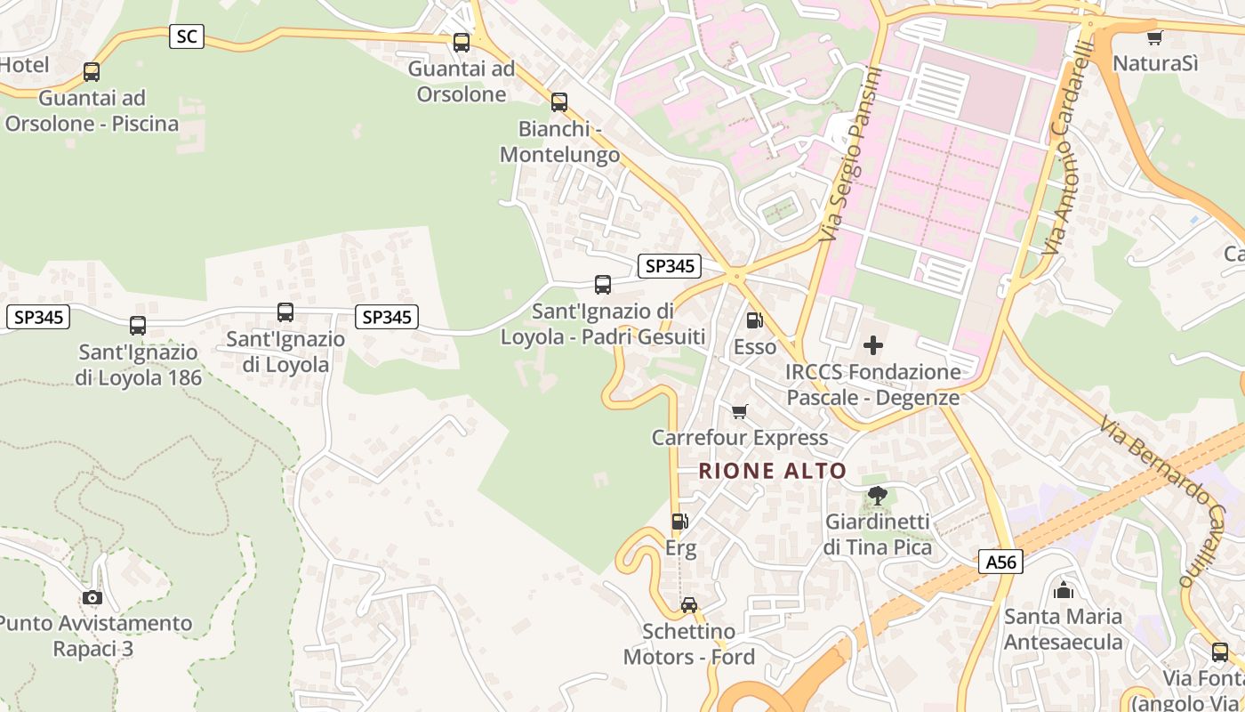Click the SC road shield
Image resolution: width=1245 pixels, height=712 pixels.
pos(187,36)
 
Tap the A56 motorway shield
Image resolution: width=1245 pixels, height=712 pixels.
pos(1001,562)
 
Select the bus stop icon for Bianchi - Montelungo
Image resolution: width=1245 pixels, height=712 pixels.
pos(558,102)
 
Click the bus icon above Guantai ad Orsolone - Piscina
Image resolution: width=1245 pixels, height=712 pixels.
pos(92,72)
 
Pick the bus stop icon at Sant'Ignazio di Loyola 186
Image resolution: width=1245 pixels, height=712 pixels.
pos(137,326)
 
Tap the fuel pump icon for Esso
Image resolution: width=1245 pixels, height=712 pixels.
pos(754,320)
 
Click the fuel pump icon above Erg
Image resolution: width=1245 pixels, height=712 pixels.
pos(679,522)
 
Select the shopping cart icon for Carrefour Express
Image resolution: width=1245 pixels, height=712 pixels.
pos(739,411)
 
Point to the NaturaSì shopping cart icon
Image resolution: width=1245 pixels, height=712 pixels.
pos(1154,37)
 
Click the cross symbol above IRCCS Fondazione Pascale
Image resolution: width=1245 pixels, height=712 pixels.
pos(873,344)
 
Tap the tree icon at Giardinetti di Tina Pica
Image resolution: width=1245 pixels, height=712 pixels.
pos(877,496)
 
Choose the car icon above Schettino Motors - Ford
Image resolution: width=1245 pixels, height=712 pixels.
pos(689,605)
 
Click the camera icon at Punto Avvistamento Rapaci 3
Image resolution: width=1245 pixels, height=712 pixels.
pos(92,597)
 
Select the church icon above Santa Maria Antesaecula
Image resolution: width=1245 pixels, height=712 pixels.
pos(1063,589)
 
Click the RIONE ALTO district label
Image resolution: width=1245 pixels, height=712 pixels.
pos(772,471)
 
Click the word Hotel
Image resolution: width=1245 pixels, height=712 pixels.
pos(24,65)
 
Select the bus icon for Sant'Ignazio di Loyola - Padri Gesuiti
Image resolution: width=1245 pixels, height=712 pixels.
pos(603,285)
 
